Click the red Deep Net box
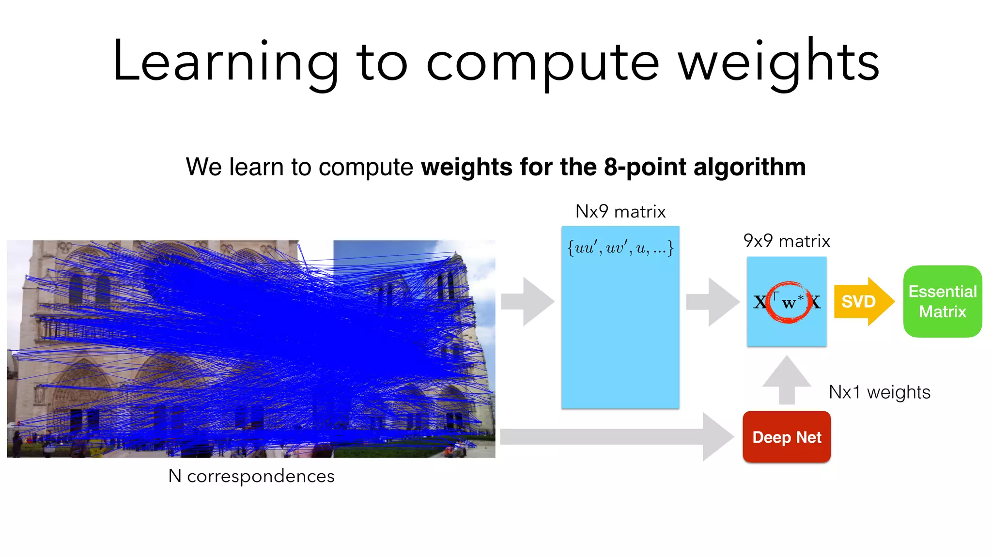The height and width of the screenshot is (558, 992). tap(787, 437)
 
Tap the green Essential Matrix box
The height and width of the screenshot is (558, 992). tap(942, 301)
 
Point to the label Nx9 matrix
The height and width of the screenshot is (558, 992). tap(620, 212)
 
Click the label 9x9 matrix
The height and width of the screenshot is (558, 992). tap(787, 241)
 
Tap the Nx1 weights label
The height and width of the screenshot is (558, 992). tap(879, 392)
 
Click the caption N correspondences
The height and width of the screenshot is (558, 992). tap(251, 476)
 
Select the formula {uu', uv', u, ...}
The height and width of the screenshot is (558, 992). tap(620, 248)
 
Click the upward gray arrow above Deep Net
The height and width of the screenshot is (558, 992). tap(787, 380)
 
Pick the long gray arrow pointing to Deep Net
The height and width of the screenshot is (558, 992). tap(615, 437)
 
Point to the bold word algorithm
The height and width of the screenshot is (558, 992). tap(749, 167)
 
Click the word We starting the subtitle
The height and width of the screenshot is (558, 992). tap(203, 167)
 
